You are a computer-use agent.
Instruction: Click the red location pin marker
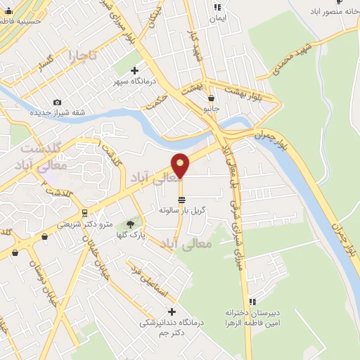coord(181,165)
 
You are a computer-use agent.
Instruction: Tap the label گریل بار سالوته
coord(182,210)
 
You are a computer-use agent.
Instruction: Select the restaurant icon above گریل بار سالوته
coord(182,200)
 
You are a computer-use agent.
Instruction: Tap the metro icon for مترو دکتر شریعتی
coord(84,212)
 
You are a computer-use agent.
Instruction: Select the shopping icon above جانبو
coord(212,98)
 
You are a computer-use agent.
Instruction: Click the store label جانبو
coord(212,109)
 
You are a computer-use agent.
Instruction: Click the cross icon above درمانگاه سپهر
coord(134,71)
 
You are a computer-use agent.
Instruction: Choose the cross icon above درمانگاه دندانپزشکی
coord(171,311)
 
